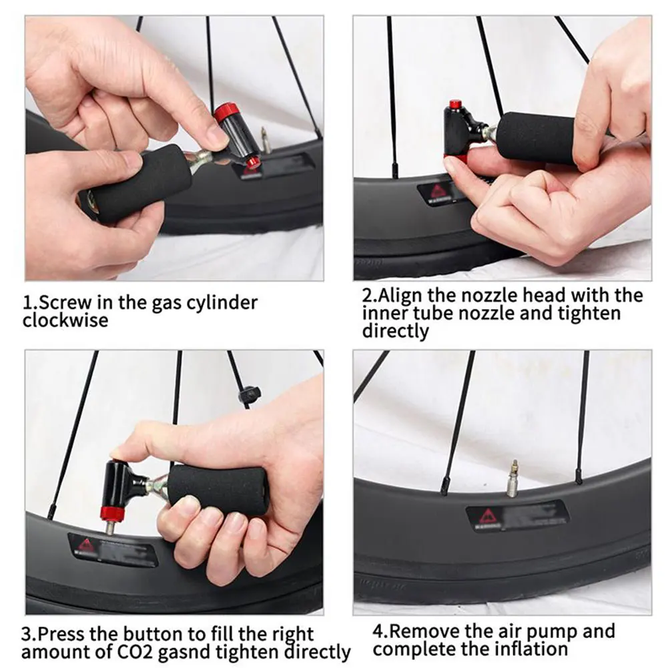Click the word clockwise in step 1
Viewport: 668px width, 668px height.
pos(65,320)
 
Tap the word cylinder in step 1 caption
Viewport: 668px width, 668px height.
pos(223,303)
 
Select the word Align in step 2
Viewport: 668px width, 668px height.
pos(399,296)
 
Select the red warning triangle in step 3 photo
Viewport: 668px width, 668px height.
pos(85,546)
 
